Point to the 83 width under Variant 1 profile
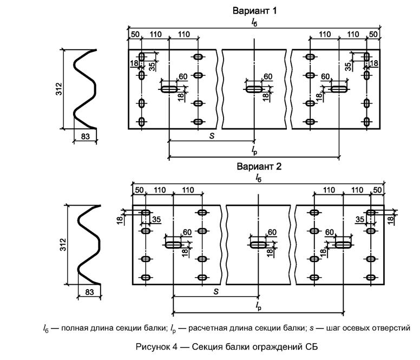click(x=85, y=137)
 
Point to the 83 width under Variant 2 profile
click(x=89, y=293)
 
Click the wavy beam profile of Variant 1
click(x=85, y=89)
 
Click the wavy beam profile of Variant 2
click(x=89, y=245)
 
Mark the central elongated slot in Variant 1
click(x=254, y=89)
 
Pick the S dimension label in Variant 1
click(x=212, y=136)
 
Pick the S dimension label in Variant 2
click(x=215, y=291)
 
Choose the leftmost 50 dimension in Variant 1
click(x=135, y=34)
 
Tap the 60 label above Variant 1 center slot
click(x=267, y=77)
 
